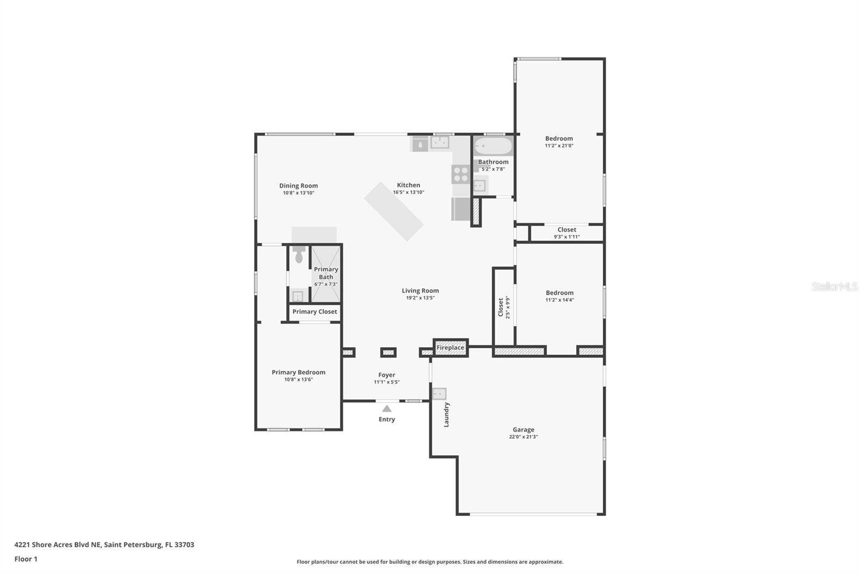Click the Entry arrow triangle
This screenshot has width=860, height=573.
[386, 409]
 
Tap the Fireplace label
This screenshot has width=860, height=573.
[450, 348]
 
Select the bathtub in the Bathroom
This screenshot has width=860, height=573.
[493, 146]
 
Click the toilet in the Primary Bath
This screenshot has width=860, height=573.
[299, 255]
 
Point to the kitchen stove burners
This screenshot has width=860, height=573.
[461, 174]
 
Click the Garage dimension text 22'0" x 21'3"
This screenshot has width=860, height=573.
[524, 436]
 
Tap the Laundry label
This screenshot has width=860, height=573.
[446, 415]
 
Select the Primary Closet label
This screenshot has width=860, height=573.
[315, 311]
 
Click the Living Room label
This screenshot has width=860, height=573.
[420, 291]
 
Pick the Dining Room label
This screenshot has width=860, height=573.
[298, 186]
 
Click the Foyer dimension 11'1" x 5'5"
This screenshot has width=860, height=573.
[386, 382]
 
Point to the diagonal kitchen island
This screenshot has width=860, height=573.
[394, 211]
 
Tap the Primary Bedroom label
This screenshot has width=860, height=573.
[298, 372]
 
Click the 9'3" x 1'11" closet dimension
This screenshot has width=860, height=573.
[567, 237]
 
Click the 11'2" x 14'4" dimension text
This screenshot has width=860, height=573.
[560, 300]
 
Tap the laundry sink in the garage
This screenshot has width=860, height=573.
[439, 394]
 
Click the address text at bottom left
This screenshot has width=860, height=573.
[104, 545]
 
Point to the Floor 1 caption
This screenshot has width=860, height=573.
[26, 559]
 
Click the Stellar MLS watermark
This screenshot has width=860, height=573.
[835, 286]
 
